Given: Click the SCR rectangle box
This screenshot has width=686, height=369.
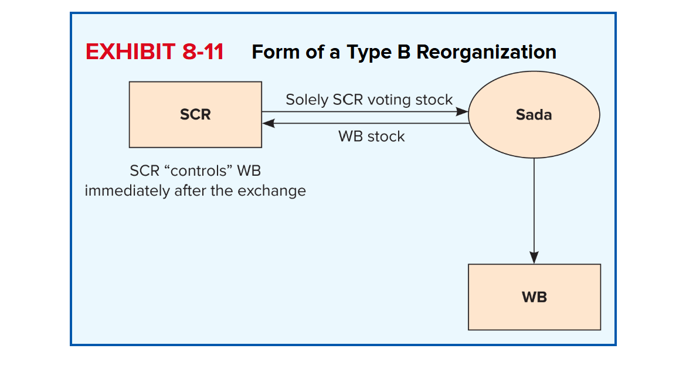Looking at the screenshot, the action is click(195, 115).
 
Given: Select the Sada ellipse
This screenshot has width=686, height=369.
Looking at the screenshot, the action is click(534, 115).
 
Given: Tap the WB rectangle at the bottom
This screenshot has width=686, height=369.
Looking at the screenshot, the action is click(534, 297).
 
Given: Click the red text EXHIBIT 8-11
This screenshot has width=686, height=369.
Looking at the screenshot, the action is click(154, 52).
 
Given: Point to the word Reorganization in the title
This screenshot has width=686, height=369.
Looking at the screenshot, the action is click(486, 53).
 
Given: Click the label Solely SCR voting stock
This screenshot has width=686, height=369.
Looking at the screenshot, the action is click(369, 100).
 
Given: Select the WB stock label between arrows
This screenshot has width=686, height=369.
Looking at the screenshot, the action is click(372, 136).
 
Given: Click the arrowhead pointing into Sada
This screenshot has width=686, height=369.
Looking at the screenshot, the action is click(462, 111).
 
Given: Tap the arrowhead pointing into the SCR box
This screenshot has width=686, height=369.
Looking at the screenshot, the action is click(268, 123).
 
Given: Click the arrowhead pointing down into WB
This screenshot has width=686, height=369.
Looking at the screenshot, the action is click(534, 258).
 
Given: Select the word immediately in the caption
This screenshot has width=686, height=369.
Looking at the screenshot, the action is click(127, 191).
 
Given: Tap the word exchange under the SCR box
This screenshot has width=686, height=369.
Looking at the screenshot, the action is click(271, 191).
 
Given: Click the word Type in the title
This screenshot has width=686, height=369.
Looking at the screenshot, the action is click(369, 53).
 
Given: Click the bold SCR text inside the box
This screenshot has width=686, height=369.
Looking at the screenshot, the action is click(195, 115).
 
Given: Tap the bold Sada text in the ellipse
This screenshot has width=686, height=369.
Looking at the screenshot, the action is click(534, 115).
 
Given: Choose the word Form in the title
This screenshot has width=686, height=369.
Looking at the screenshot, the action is click(276, 52).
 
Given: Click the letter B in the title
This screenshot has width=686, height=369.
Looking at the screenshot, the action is click(404, 52).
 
